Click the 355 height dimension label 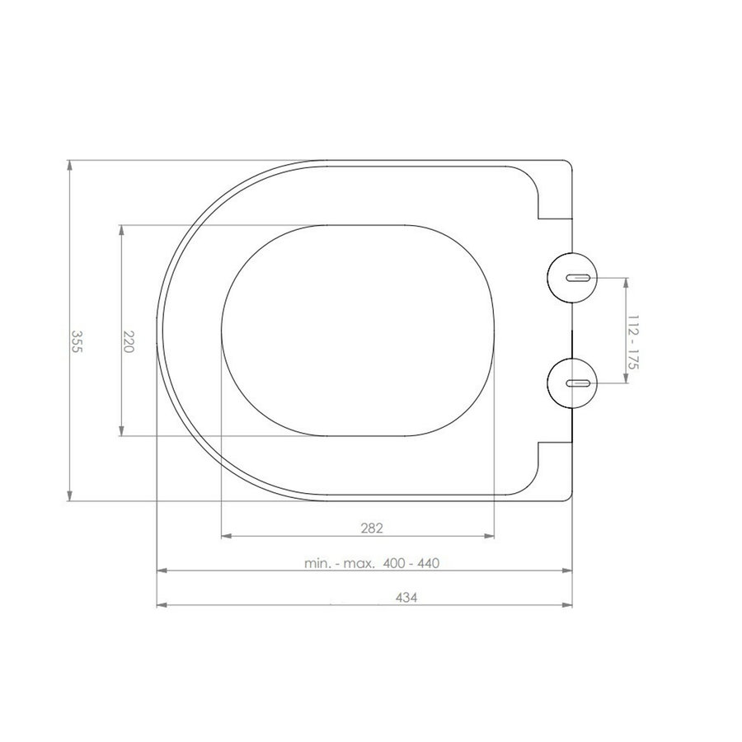coord(77,340)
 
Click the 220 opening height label coord(129,340)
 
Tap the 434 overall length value coord(364,598)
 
